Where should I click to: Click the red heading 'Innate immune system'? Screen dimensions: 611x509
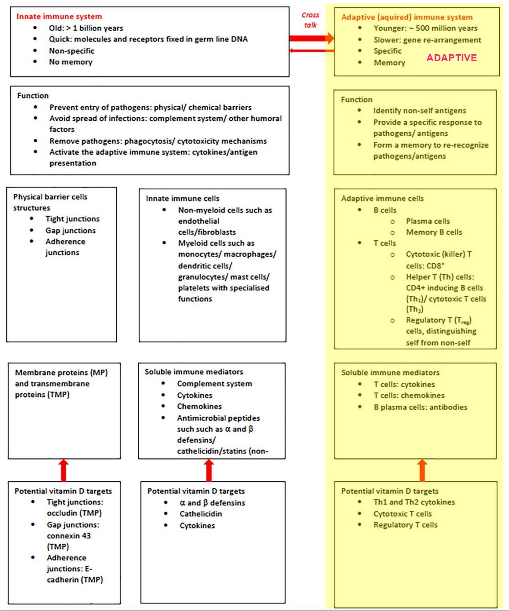pyautogui.click(x=59, y=16)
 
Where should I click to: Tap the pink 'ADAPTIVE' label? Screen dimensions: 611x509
pyautogui.click(x=451, y=58)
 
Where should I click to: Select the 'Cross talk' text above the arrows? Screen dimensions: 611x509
pyautogui.click(x=310, y=20)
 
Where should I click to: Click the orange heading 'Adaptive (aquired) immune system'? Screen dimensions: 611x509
pyautogui.click(x=407, y=17)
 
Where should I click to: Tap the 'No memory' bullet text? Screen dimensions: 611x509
pyautogui.click(x=71, y=62)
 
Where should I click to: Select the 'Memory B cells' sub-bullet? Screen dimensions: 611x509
pyautogui.click(x=434, y=232)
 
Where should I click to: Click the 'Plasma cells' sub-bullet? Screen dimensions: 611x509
pyautogui.click(x=428, y=221)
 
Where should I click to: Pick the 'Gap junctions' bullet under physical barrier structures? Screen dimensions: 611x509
pyautogui.click(x=71, y=231)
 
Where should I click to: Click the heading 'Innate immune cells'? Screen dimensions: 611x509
pyautogui.click(x=183, y=198)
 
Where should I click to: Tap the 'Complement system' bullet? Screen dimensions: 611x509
pyautogui.click(x=215, y=384)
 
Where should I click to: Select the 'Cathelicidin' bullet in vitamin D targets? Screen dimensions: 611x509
pyautogui.click(x=201, y=514)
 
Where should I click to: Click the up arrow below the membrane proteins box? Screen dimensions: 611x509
pyautogui.click(x=63, y=470)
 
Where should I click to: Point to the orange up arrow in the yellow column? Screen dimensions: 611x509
pyautogui.click(x=422, y=470)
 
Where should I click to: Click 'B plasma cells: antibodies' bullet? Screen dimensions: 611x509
pyautogui.click(x=420, y=407)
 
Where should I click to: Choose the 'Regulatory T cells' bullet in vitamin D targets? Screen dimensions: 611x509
pyautogui.click(x=405, y=525)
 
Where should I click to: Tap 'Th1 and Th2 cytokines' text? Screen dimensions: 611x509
pyautogui.click(x=414, y=502)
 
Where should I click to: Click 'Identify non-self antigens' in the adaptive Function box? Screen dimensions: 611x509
pyautogui.click(x=420, y=111)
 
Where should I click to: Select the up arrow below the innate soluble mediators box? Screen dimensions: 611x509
pyautogui.click(x=209, y=470)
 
